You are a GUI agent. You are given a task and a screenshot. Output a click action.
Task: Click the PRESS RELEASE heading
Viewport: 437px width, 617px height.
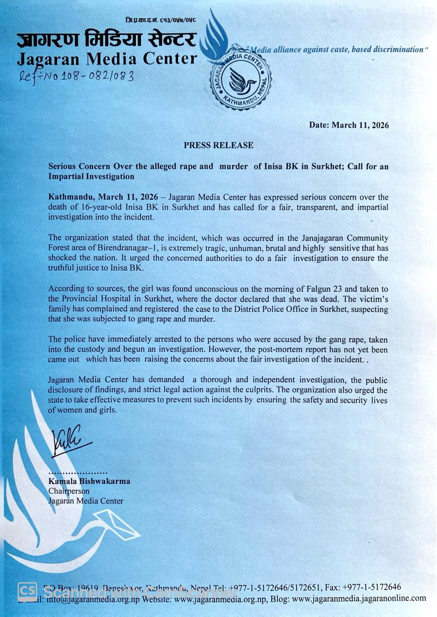point(218,145)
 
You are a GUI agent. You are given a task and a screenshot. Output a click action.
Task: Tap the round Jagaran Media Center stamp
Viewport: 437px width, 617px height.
point(240,79)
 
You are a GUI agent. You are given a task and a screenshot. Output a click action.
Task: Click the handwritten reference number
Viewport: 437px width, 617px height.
point(76,75)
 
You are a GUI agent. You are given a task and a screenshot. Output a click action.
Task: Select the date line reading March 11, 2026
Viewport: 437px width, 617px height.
point(349,125)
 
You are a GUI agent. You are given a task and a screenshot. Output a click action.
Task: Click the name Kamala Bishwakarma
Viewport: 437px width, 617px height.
point(89,481)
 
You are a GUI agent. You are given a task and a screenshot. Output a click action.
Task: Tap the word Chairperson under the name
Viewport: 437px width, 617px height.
point(69,491)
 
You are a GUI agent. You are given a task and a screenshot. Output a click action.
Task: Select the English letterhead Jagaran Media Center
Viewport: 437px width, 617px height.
point(107,59)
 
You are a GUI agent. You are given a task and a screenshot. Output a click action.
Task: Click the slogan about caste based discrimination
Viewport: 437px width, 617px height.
point(337,49)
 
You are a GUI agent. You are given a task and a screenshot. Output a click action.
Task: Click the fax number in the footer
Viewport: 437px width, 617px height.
point(371,587)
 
